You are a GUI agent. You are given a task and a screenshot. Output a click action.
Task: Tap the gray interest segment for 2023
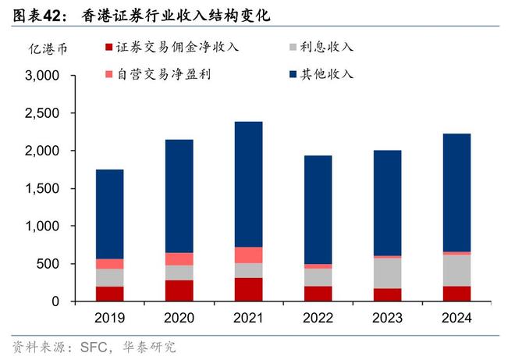coord(387,273)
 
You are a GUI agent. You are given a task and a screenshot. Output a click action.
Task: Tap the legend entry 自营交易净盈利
coord(163,74)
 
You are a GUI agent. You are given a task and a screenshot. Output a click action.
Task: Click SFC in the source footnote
coord(91,346)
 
